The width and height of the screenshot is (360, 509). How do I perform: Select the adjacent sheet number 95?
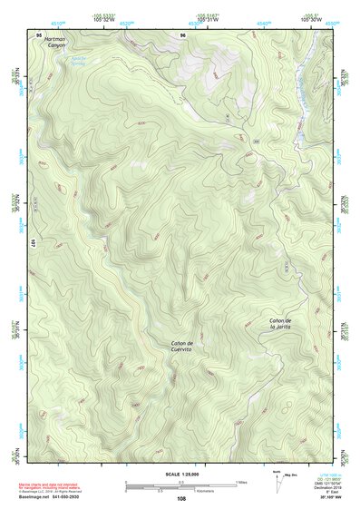point(39,34)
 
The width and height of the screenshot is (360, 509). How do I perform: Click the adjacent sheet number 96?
point(182,34)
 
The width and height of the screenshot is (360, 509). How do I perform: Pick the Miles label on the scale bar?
point(239,482)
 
